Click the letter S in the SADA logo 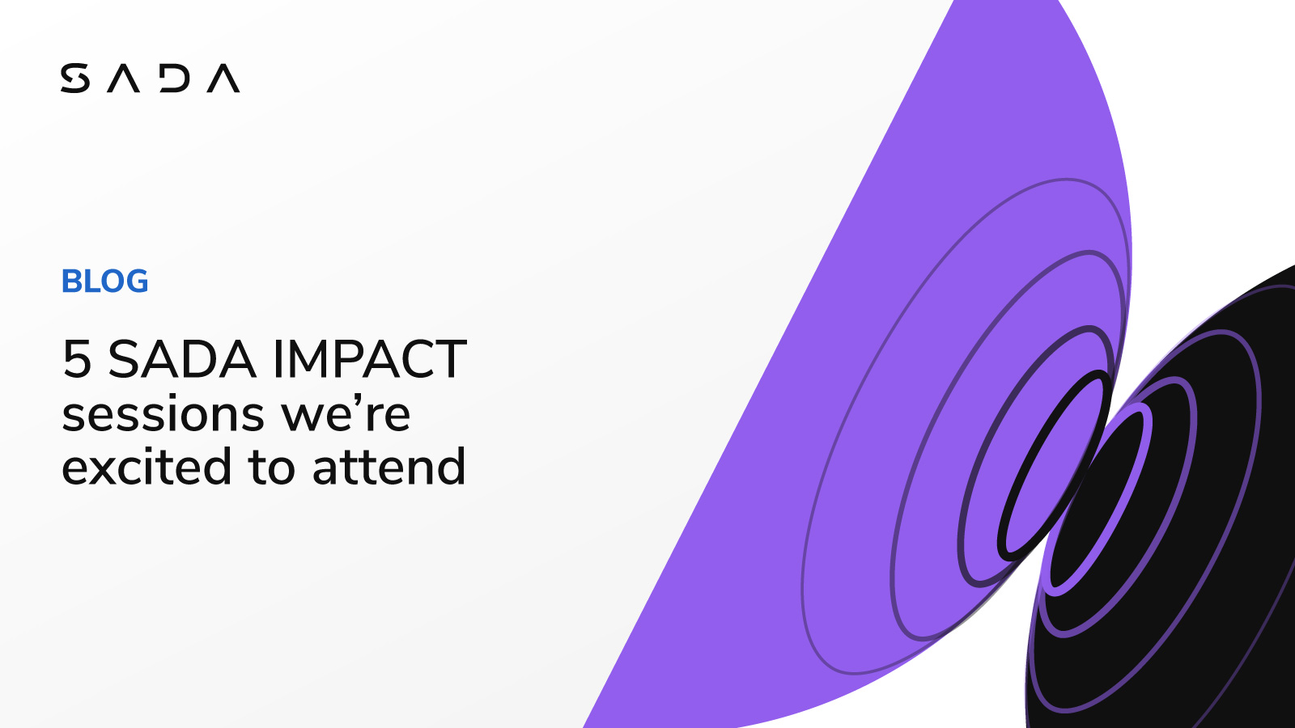[75, 78]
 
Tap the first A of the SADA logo [124, 79]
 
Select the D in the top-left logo [175, 78]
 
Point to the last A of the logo [223, 79]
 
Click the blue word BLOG [105, 281]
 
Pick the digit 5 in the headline [77, 359]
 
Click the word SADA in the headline [182, 359]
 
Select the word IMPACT [369, 359]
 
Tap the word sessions [163, 415]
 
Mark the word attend [388, 468]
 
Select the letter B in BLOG [72, 281]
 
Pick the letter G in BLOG [137, 281]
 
